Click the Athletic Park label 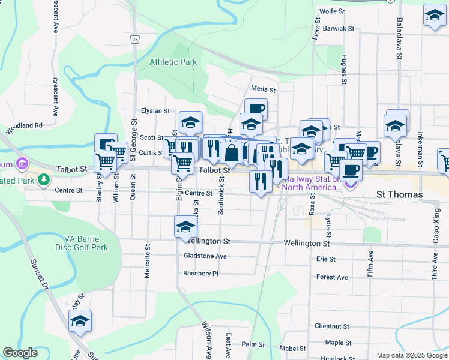coord(173,62)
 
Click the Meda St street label coord(263,89)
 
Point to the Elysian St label coord(155,111)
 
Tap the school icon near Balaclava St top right coord(434,16)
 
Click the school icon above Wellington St coord(185,227)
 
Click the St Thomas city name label coord(399,195)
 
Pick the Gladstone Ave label coord(205,256)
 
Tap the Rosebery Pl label coord(200,274)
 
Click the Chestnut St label coord(332,326)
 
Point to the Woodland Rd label coord(25,125)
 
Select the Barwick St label coord(338,28)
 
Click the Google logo coord(20,353)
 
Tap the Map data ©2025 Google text coord(411,355)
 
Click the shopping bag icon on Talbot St coord(231,152)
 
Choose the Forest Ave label coord(332,277)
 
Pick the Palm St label coord(253,345)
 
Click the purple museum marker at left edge coord(22,163)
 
